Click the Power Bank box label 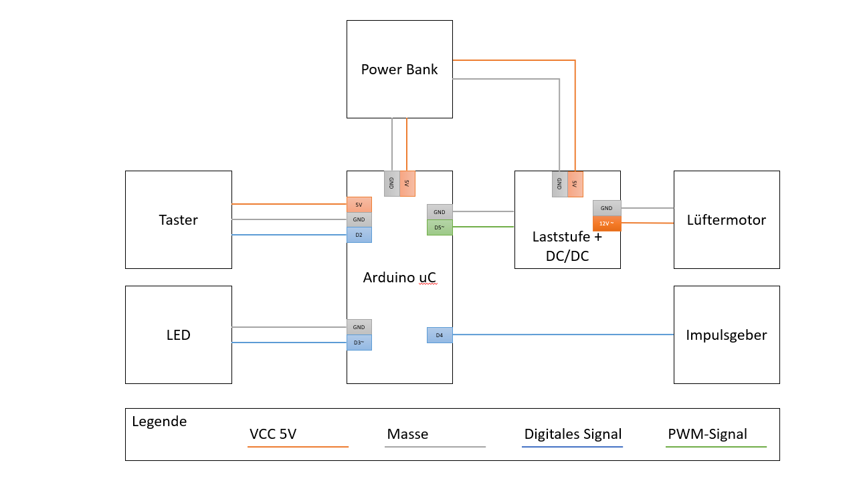(399, 70)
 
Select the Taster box (179, 219)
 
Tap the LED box (179, 334)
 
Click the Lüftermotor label (727, 219)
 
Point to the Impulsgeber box (727, 334)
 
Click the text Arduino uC (399, 277)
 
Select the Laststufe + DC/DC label (567, 246)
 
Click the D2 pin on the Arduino (359, 235)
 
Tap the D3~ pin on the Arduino (359, 343)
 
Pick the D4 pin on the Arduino (440, 334)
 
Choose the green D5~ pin (440, 227)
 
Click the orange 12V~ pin (607, 223)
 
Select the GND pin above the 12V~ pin (607, 208)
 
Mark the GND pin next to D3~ (359, 327)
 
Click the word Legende (159, 421)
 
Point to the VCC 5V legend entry (273, 434)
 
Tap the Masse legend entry (407, 434)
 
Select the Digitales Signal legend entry (573, 434)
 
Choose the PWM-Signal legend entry (707, 434)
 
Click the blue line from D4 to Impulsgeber (562, 334)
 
